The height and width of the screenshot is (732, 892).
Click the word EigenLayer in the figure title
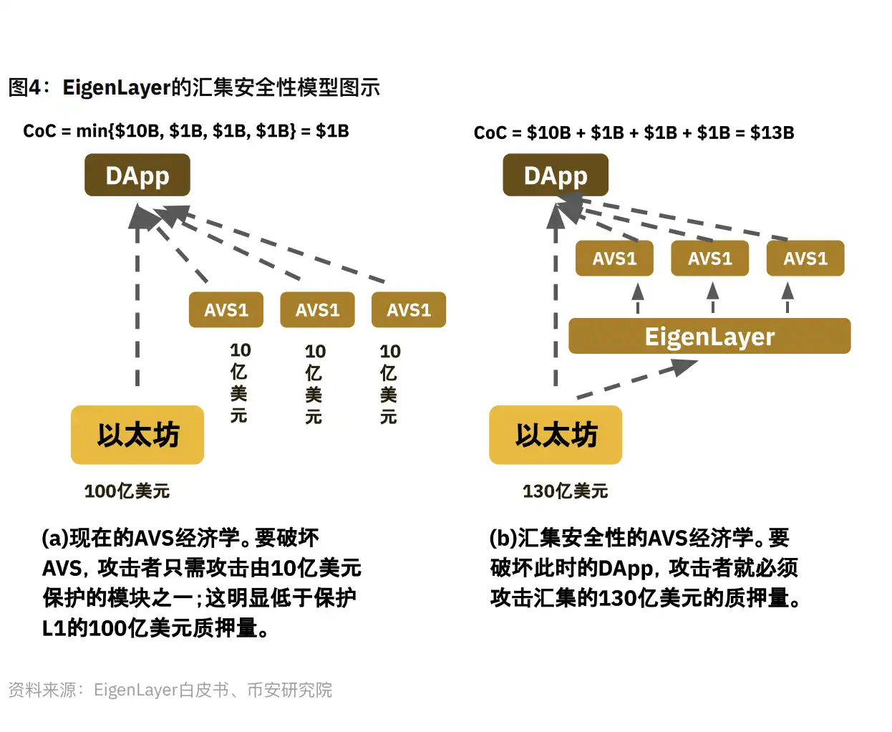coord(116,87)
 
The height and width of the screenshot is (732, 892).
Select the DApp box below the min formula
coord(137,175)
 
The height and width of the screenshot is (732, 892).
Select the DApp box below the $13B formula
coord(556,175)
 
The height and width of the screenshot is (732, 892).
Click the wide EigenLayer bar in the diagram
coord(709,336)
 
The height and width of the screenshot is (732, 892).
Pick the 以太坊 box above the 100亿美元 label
coord(137,435)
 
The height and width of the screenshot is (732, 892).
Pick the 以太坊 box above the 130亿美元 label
coord(556,435)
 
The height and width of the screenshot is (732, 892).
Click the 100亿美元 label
coord(127,491)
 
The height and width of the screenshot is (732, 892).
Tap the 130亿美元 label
coord(565,491)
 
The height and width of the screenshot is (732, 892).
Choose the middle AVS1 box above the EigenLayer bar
coord(709,259)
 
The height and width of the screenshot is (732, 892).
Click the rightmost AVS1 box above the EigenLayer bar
coord(805,259)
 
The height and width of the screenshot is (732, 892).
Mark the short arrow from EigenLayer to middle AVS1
coord(712,297)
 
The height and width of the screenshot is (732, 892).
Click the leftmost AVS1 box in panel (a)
coord(226,310)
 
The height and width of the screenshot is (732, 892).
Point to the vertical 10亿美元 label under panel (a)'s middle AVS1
coord(314,384)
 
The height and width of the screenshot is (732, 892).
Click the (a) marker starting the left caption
coord(55,537)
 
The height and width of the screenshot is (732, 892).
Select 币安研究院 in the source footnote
coord(289,690)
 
